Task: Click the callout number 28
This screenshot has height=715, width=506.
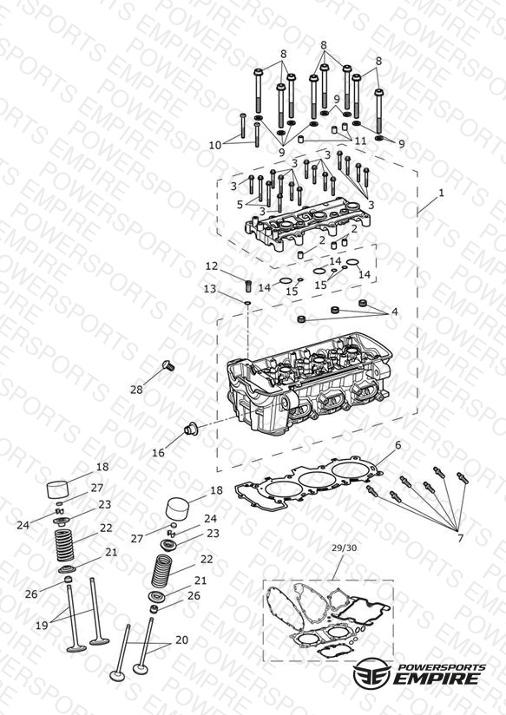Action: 136,390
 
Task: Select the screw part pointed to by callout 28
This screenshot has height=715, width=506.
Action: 168,365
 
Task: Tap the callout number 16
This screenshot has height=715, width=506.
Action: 158,452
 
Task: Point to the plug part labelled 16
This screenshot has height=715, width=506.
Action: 189,429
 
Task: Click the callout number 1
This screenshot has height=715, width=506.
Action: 441,193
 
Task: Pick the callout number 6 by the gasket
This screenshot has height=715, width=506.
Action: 398,445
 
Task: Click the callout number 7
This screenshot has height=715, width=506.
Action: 460,538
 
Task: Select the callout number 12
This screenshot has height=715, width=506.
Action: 211,266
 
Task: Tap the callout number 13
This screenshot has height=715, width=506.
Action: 209,289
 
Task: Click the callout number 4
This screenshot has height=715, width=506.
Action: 395,312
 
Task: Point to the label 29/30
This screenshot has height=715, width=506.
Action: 344,548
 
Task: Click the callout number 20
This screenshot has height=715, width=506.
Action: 181,640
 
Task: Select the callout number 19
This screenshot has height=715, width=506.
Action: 42,626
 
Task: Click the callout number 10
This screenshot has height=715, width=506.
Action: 215,145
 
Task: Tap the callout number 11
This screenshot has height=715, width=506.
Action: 360,141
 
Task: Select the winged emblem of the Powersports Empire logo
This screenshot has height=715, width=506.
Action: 371,672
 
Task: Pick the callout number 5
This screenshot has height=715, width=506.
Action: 240,205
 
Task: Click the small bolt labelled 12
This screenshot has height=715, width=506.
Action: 249,286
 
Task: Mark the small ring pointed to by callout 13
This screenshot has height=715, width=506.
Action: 247,302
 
